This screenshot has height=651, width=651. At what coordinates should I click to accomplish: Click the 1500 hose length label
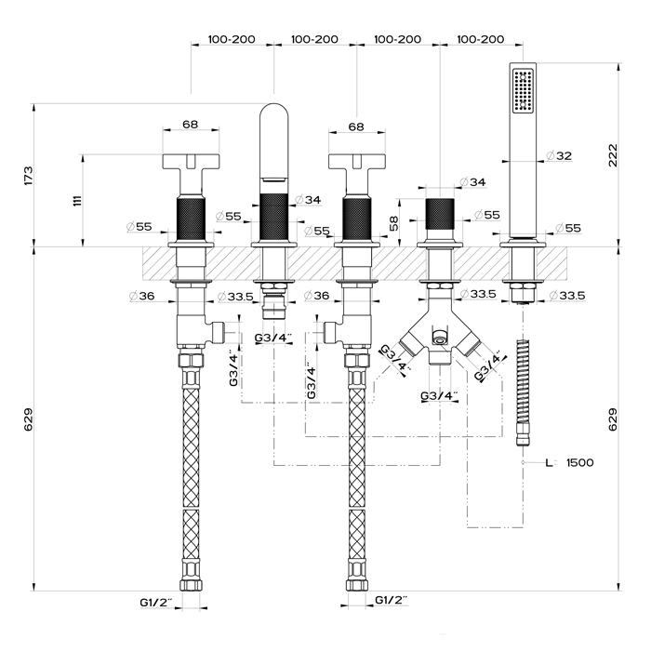tap(578, 462)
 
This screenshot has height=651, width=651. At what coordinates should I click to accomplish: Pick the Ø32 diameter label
tap(558, 155)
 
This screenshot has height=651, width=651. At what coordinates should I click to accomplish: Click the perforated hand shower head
tap(523, 93)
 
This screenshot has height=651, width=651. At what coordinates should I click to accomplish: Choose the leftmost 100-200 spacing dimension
tap(232, 40)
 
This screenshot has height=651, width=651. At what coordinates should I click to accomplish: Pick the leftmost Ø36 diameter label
tap(141, 296)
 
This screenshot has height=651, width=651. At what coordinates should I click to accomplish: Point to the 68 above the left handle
tap(190, 125)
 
